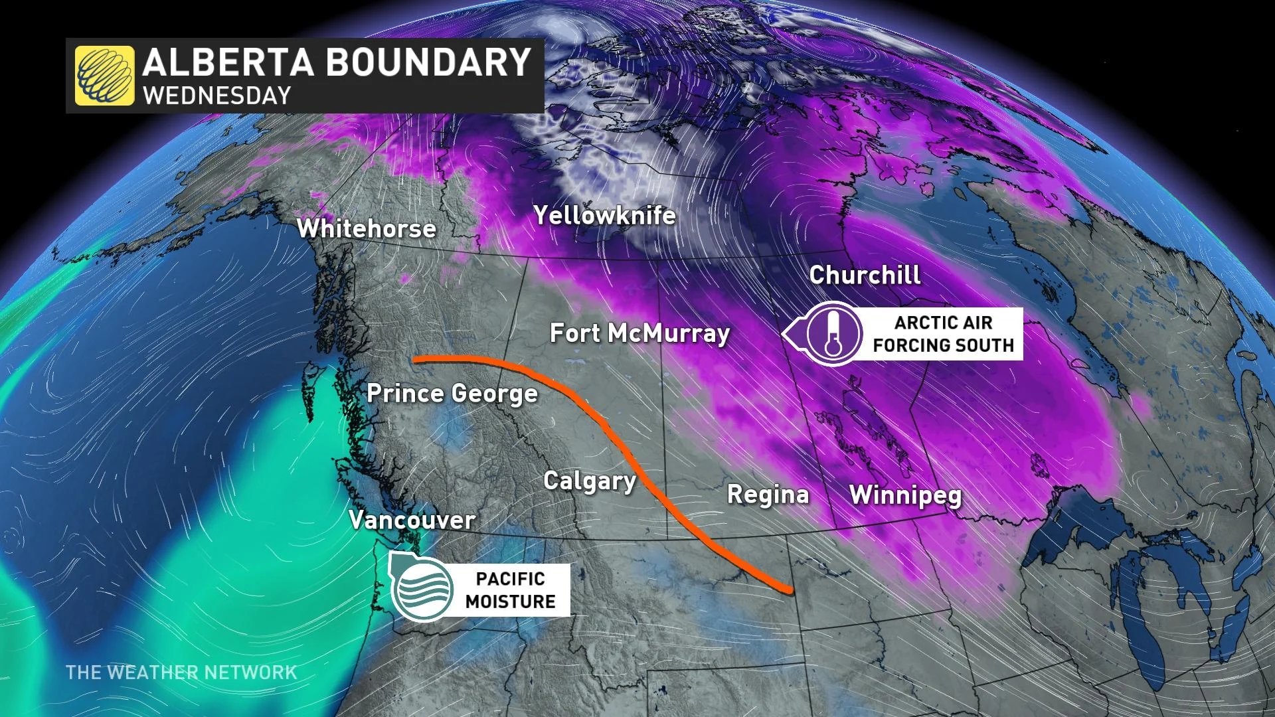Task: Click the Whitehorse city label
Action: [367, 228]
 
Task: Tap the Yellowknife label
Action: [604, 215]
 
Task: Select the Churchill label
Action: [865, 275]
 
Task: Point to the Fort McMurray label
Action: [639, 333]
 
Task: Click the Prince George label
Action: [452, 394]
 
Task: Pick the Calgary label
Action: [590, 481]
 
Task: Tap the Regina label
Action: [768, 495]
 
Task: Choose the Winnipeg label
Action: [905, 495]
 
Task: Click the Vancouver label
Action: [412, 520]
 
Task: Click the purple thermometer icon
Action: [833, 334]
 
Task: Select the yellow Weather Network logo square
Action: [104, 75]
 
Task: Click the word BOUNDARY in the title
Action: [428, 62]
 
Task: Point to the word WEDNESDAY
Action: [217, 96]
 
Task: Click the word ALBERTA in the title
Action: [228, 62]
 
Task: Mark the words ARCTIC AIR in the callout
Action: [943, 323]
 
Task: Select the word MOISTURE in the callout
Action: [510, 601]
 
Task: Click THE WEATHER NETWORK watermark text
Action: [181, 673]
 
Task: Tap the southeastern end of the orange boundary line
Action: [790, 590]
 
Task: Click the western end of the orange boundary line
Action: [415, 360]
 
